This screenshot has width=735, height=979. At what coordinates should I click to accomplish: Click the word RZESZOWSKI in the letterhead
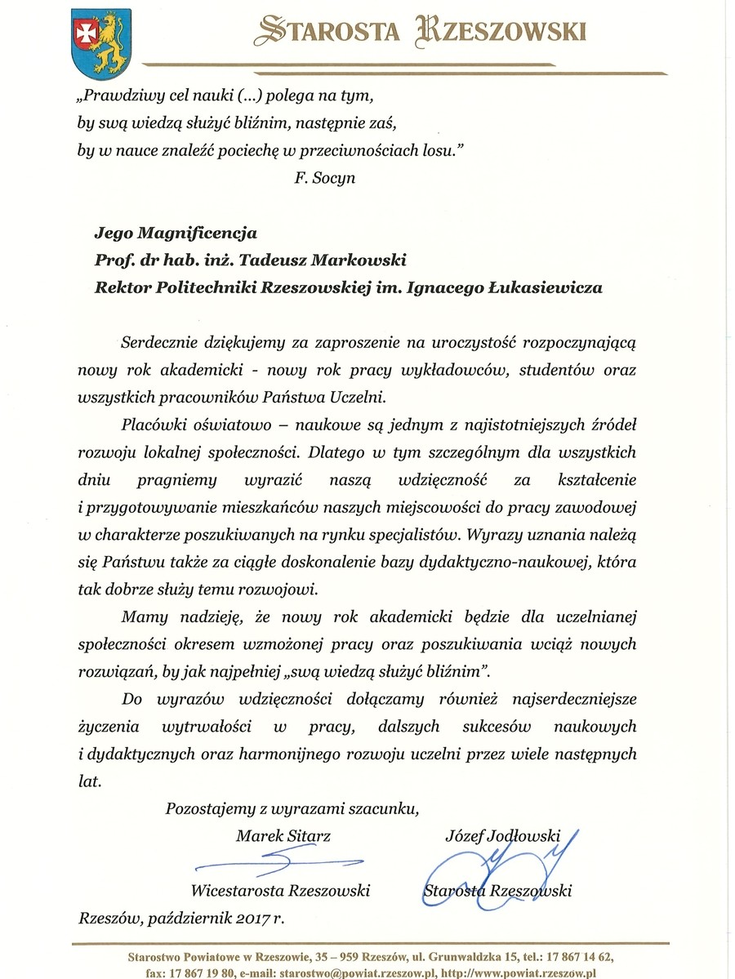(x=506, y=31)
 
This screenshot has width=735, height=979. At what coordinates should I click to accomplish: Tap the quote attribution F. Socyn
(x=325, y=177)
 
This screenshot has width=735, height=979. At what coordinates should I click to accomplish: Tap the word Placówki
(x=150, y=424)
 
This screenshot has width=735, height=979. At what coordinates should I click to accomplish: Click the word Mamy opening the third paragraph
(x=138, y=617)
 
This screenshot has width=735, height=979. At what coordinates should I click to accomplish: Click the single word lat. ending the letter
(x=91, y=781)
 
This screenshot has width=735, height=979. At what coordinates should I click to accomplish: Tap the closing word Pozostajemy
(x=207, y=810)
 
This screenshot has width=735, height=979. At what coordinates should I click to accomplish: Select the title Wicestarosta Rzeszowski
(x=280, y=891)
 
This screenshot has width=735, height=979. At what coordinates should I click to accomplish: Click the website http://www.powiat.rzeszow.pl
(x=522, y=973)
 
